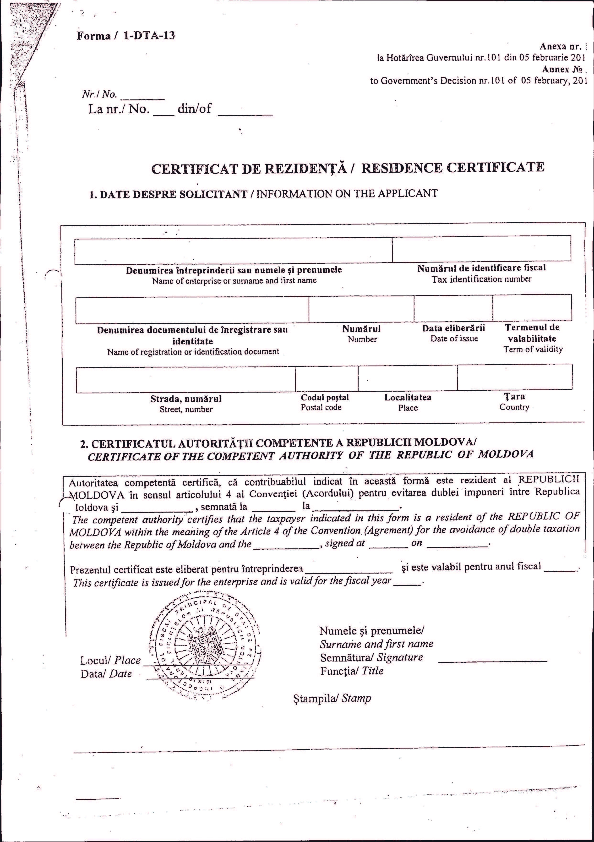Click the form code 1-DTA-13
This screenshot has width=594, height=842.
[149, 36]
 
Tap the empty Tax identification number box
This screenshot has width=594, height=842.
[481, 249]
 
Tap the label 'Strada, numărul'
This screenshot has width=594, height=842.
[186, 399]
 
